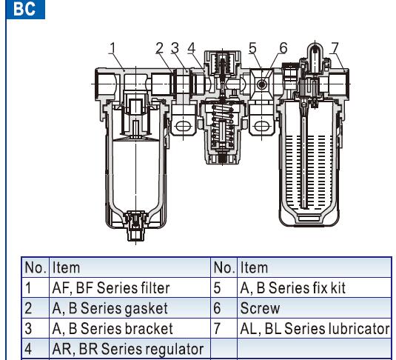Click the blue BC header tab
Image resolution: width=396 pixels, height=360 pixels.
pyautogui.click(x=25, y=9)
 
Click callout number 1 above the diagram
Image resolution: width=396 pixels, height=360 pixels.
pyautogui.click(x=113, y=48)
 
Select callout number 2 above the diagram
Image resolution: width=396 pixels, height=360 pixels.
pyautogui.click(x=160, y=48)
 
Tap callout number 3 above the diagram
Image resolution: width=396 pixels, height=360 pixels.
pyautogui.click(x=175, y=48)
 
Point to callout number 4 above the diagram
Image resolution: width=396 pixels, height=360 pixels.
pyautogui.click(x=192, y=48)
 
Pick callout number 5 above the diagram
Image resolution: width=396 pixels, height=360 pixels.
pyautogui.click(x=252, y=48)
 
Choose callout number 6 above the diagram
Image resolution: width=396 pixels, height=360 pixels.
pyautogui.click(x=283, y=48)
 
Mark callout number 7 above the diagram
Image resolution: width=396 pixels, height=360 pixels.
pyautogui.click(x=335, y=48)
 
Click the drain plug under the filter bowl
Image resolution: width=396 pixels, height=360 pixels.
pyautogui.click(x=136, y=226)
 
